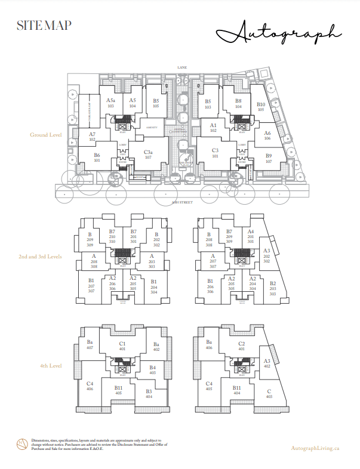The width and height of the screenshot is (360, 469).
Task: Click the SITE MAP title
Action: pos(45,26)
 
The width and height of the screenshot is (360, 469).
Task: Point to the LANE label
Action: pos(182,68)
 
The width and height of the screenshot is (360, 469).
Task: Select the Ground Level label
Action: pos(46,135)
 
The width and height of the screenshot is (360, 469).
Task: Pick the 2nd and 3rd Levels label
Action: pos(40,256)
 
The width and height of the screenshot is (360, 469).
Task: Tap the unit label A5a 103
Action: pos(110,103)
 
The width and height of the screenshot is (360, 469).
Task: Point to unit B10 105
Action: pos(261,107)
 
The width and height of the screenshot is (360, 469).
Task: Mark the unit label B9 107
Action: pos(269,159)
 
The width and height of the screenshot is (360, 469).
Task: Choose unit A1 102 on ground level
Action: pos(213,128)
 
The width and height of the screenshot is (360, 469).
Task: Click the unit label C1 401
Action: pos(122,345)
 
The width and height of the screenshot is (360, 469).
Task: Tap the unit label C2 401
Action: pos(242,345)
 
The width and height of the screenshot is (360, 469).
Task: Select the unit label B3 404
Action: pos(149,393)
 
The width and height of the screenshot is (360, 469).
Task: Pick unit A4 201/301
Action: pos(251,237)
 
